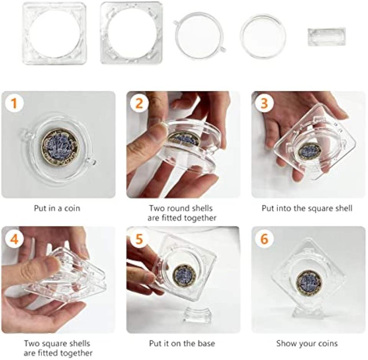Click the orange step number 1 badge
point(14,103)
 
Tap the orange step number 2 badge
point(140,103)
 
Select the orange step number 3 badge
point(264,103)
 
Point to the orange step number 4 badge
point(14,239)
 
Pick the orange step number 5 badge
point(140,239)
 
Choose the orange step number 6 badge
point(264,239)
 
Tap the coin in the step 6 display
point(308,283)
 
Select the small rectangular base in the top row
point(327,37)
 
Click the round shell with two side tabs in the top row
point(199,36)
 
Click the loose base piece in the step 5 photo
point(196,314)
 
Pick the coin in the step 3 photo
point(310,151)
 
